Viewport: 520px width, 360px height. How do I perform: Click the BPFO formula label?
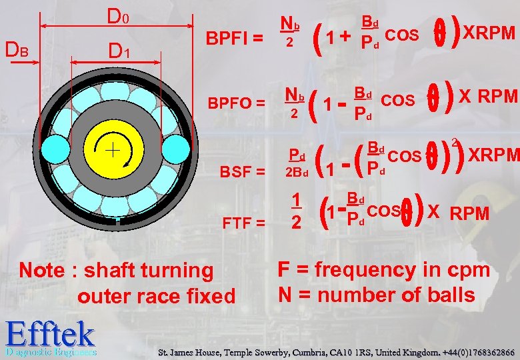coord(237,104)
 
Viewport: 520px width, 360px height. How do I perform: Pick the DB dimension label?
coord(17,49)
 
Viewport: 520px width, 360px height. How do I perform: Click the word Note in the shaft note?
coord(43,271)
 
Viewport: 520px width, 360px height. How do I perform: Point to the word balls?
coord(450,295)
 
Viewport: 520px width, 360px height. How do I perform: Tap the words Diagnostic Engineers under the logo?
coord(51,351)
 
